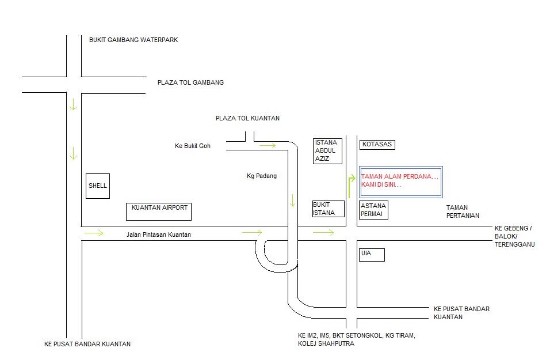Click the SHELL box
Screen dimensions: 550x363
(98, 186)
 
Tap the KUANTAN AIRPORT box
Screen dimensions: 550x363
(159, 211)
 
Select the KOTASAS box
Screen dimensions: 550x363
(377, 145)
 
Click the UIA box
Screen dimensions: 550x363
(372, 255)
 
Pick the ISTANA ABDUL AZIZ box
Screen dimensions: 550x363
(327, 151)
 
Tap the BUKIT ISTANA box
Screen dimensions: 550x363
(329, 209)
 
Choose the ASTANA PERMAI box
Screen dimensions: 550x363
(374, 210)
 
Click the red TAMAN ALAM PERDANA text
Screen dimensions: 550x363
(399, 176)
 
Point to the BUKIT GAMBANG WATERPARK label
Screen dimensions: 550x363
(133, 40)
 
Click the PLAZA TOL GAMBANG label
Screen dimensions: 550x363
(190, 82)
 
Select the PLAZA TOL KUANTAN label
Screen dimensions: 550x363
(247, 119)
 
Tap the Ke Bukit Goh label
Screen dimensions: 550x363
(193, 146)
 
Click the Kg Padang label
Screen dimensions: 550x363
(262, 176)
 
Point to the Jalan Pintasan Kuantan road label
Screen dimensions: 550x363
(159, 235)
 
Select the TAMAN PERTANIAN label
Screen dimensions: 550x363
(463, 211)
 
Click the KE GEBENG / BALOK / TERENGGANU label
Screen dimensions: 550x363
(514, 236)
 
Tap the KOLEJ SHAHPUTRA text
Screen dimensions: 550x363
(326, 343)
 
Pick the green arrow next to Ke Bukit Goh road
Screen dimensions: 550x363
(268, 145)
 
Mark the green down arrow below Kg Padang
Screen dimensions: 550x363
(292, 201)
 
